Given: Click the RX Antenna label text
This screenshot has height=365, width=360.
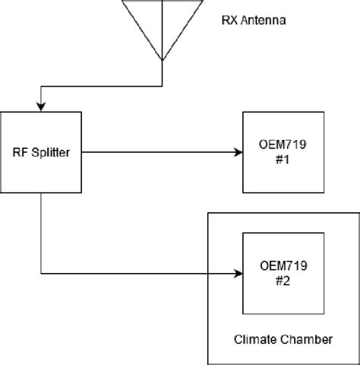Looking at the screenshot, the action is click(x=254, y=21).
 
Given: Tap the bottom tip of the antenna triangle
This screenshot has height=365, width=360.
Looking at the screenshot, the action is click(x=163, y=60).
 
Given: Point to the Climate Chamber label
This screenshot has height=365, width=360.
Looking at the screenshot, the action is click(x=283, y=339).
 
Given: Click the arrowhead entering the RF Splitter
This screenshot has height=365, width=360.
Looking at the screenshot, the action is click(x=41, y=106).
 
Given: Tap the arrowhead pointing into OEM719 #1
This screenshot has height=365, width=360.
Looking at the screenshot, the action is click(x=238, y=152).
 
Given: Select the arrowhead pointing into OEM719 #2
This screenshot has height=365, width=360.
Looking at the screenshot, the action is click(x=238, y=274).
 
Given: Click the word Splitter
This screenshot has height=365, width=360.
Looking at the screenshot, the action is click(x=51, y=153).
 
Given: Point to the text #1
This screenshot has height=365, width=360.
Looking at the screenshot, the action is click(x=283, y=160).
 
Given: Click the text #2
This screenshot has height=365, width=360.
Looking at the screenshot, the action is click(x=283, y=281).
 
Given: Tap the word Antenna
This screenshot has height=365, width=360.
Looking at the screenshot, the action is click(x=264, y=21).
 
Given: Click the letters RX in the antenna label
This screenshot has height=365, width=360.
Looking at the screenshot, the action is click(x=230, y=21).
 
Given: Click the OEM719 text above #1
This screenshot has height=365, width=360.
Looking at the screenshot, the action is click(x=283, y=144).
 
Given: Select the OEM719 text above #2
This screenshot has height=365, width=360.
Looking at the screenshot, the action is click(x=283, y=266).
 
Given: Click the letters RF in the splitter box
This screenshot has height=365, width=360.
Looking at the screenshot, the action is click(x=21, y=153).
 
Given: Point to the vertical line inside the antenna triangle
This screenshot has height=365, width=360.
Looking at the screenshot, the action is click(x=163, y=30).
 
